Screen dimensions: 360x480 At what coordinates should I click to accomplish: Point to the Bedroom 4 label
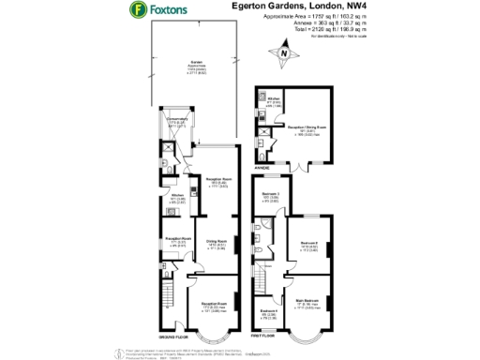pyautogui.click(x=267, y=312)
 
